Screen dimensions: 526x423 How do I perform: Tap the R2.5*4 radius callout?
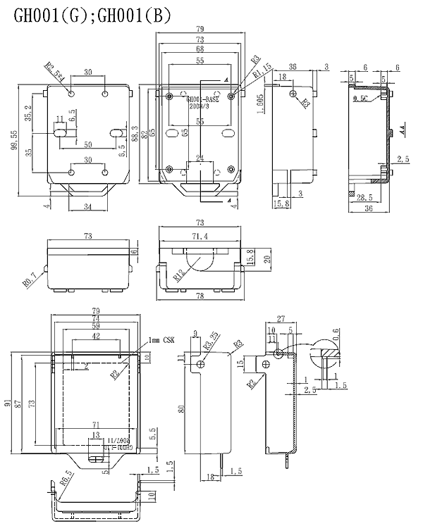(x=54, y=73)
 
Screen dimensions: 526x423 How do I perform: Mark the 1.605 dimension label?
(x=260, y=108)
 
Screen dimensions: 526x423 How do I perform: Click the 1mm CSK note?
(x=161, y=340)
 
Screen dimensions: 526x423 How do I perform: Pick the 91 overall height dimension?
(x=6, y=403)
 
